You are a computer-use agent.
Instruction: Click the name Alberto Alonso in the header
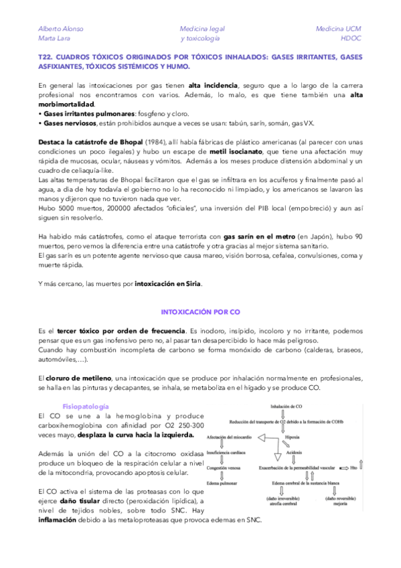click(x=60, y=29)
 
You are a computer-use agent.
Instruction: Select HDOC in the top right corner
click(x=350, y=38)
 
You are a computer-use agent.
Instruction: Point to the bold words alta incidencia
click(x=213, y=86)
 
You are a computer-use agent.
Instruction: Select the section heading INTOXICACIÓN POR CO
click(x=200, y=312)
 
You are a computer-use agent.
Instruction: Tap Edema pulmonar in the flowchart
click(x=223, y=482)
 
